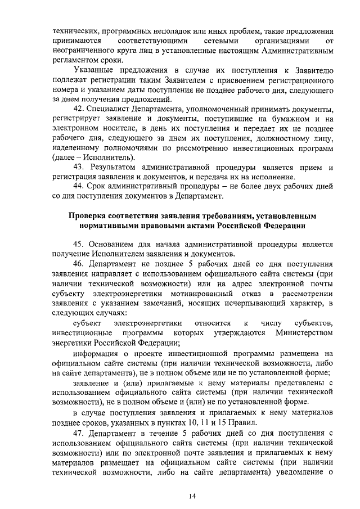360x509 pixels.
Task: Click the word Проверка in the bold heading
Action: coord(89,215)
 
